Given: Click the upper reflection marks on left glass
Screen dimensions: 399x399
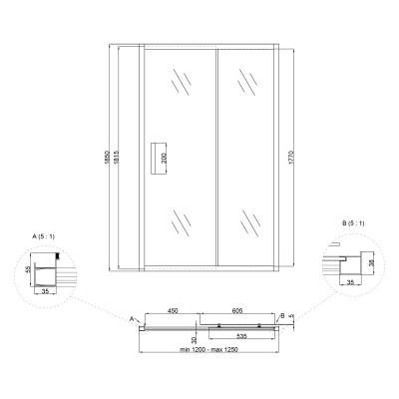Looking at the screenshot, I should click(181, 83).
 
